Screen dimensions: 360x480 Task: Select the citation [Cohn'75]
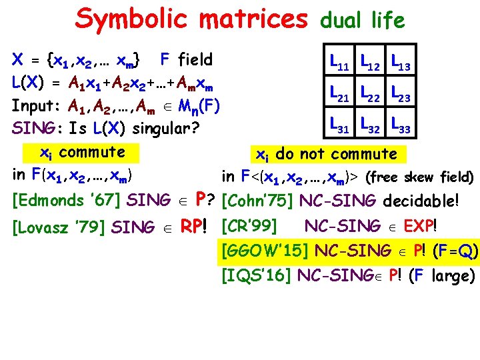257,199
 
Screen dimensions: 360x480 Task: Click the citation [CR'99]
248,225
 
